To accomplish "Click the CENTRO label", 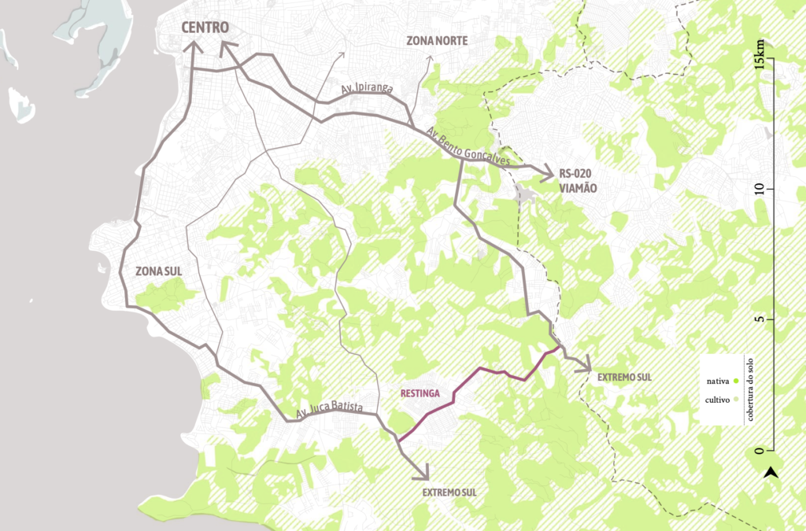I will point(205,28).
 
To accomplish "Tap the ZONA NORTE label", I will point(437,40).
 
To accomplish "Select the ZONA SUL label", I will point(158,271).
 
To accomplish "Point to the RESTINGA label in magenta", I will point(419,393).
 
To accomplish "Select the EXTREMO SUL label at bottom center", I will point(449,492).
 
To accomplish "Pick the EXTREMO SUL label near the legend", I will point(624,378).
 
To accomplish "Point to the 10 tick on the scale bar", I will point(760,189).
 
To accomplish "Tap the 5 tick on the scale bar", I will point(760,319).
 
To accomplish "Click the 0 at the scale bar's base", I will point(760,451).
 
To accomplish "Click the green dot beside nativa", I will point(734,382).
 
